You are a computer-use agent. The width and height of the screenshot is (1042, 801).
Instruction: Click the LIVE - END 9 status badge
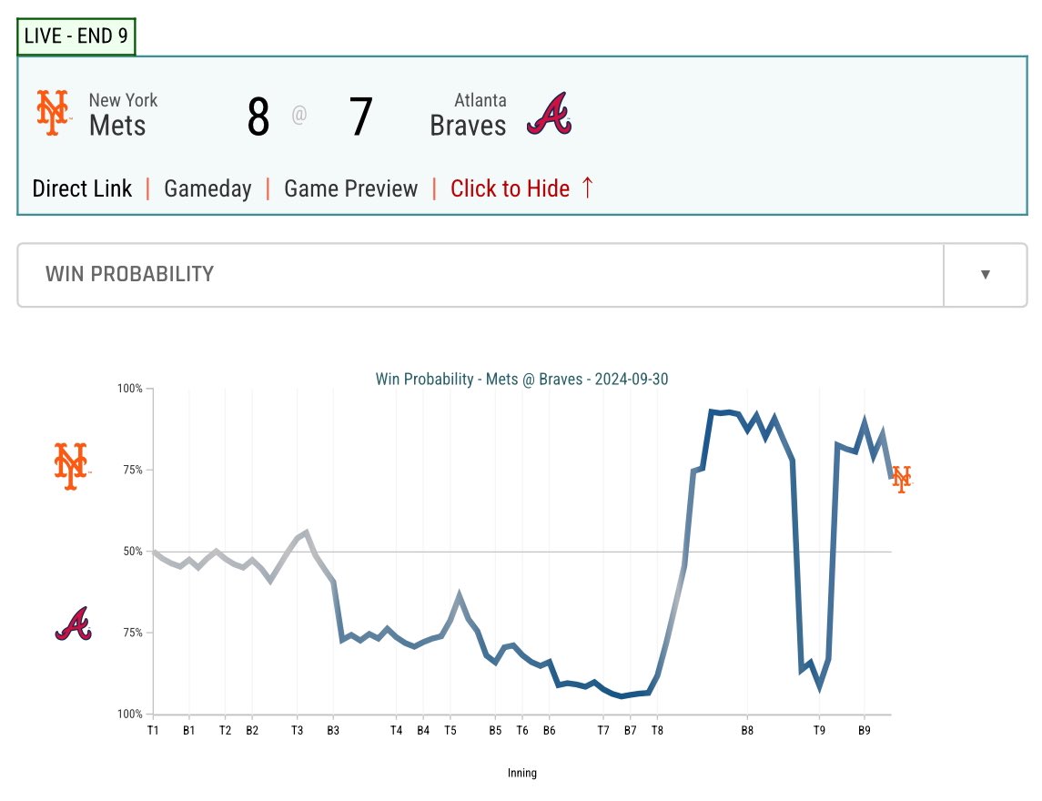coord(76,35)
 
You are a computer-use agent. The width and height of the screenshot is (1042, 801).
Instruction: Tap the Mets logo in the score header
coord(53,113)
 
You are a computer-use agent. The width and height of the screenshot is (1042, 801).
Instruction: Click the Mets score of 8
coord(258,117)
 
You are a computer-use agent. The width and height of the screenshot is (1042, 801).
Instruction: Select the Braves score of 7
coord(361,117)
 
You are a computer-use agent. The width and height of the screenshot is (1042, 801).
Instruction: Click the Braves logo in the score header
coord(549,114)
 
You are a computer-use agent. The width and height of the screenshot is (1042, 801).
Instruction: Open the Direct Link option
coord(83,188)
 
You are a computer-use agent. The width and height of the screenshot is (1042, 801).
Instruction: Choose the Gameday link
coord(208,189)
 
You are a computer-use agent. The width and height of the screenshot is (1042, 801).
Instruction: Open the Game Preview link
coord(351,188)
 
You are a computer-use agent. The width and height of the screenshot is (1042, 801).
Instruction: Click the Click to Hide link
coord(521,188)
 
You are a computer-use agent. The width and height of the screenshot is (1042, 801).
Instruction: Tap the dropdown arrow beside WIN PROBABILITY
coord(986,275)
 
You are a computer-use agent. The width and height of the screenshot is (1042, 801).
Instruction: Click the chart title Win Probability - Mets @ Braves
coord(521,379)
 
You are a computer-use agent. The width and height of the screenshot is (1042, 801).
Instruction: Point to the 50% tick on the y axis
coord(133,551)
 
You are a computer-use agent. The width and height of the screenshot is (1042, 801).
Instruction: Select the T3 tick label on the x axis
coord(297,731)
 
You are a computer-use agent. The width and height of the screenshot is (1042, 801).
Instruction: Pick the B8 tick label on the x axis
coord(748,731)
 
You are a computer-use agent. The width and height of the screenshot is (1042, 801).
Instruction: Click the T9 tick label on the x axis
coord(819,731)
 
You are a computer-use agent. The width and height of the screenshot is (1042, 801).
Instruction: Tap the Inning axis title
coord(522,773)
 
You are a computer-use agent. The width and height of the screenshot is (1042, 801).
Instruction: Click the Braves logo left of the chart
coord(73,624)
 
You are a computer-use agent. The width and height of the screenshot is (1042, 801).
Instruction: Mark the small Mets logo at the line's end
coord(902,479)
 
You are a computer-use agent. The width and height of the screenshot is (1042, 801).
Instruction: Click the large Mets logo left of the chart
coord(71,466)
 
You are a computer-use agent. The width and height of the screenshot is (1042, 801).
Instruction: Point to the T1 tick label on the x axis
coord(153,731)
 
